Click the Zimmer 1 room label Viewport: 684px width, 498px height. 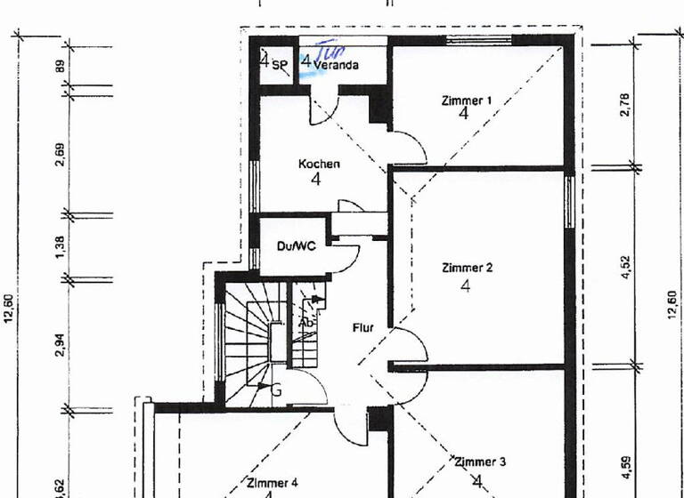point(466,100)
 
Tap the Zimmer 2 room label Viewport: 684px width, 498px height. point(466,267)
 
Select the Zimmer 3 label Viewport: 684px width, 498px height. point(480,462)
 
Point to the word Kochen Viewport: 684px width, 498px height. point(319,164)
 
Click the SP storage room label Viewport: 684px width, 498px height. point(280,65)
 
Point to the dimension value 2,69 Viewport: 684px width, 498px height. point(60,154)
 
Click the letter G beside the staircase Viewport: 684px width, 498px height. point(276,388)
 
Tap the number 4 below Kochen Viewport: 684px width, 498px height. point(315,180)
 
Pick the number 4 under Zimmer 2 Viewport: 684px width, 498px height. point(466,285)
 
